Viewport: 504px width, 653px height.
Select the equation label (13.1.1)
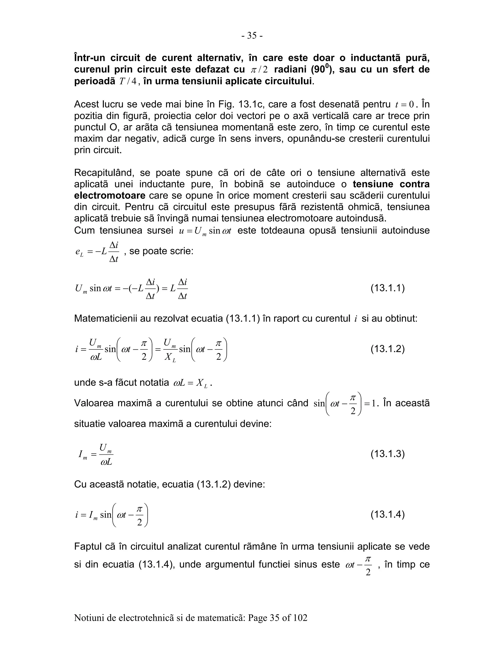tap(388, 288)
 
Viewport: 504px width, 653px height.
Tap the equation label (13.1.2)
tap(388, 349)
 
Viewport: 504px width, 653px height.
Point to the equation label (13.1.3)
tap(388, 454)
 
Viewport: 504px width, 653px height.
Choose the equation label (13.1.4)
tap(388, 515)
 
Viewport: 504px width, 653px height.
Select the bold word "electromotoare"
tap(110, 196)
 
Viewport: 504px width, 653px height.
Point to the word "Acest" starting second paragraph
tap(87, 104)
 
